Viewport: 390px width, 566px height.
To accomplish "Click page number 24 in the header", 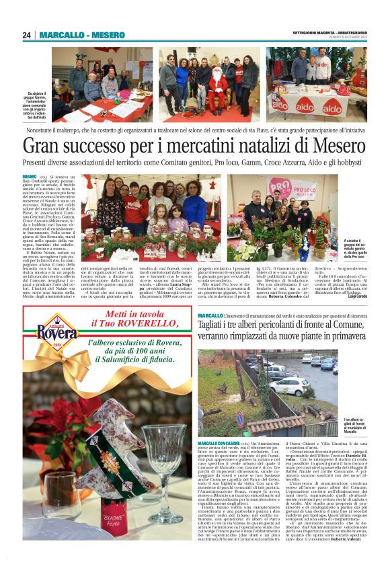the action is [27, 35].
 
